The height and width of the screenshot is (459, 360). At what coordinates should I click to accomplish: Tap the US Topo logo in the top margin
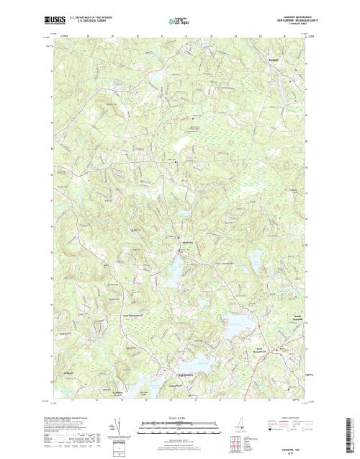[179, 21]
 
